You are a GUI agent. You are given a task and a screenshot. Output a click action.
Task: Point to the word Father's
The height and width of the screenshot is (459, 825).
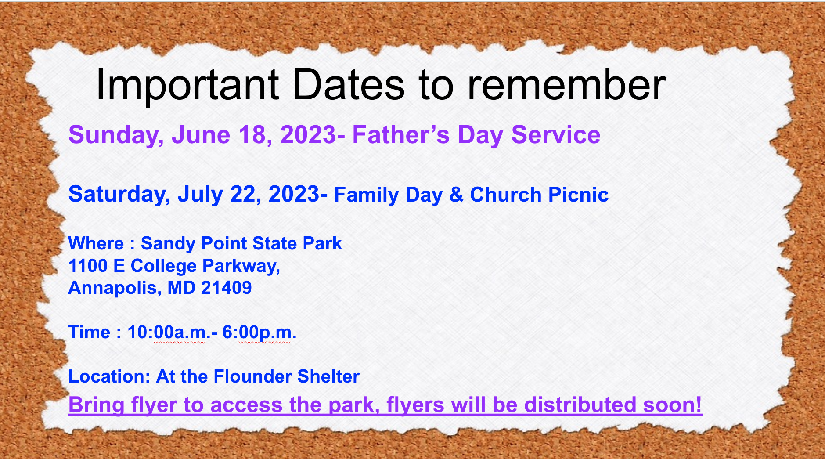(401, 134)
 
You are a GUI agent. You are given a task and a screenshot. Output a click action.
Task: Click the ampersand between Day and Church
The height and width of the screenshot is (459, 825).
(456, 195)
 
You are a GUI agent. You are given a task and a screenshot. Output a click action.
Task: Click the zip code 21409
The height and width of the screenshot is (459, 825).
(227, 288)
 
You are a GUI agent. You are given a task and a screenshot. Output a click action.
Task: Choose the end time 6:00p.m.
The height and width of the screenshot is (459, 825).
(259, 332)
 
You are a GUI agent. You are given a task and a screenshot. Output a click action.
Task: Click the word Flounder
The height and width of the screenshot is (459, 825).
(252, 376)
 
